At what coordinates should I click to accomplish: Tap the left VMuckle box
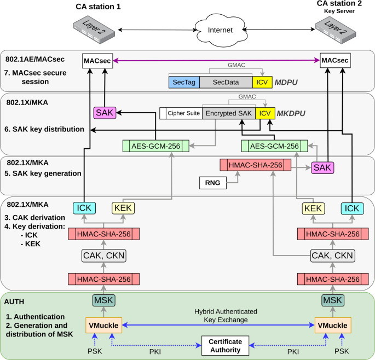(102, 326)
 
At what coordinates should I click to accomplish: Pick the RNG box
(213, 183)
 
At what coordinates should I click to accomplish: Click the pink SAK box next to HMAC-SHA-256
(322, 168)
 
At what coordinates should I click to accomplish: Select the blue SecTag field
(183, 82)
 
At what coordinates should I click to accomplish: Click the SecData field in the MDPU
(226, 82)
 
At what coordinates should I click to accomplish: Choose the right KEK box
(313, 208)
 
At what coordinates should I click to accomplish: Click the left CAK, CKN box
(102, 256)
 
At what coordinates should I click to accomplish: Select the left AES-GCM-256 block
(156, 146)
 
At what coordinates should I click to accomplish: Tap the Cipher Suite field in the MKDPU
(180, 114)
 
